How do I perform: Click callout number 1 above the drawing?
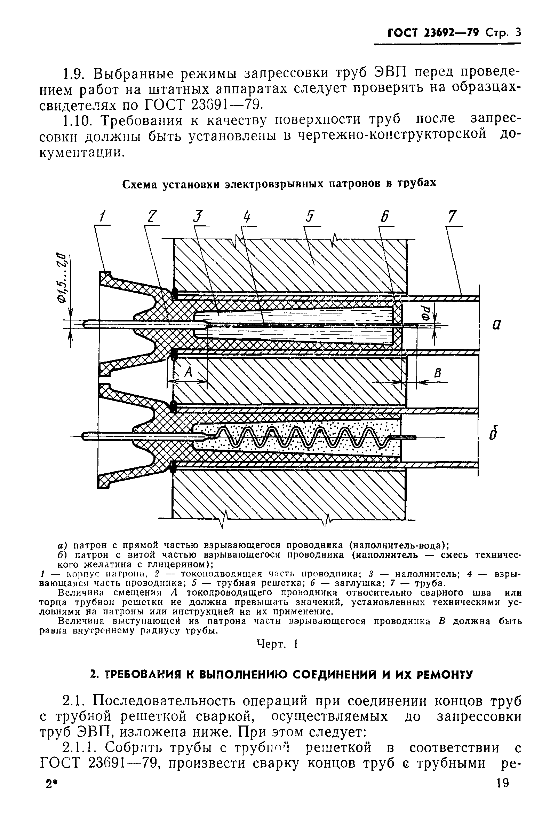click(103, 216)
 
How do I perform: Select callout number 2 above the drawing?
click(152, 217)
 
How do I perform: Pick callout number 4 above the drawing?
click(247, 217)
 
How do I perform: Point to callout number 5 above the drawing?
click(311, 217)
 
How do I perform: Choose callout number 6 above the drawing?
click(385, 217)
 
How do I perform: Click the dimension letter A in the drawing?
click(188, 372)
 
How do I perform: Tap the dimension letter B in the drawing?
click(438, 373)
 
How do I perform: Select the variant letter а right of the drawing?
click(497, 325)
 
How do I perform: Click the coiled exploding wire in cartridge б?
click(303, 436)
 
